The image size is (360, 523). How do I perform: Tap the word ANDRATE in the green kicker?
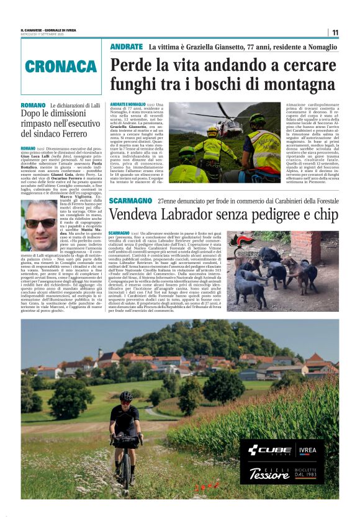[x=126, y=47]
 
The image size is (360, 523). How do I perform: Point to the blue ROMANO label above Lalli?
[x=33, y=106]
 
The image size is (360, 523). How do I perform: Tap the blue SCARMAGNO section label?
[x=130, y=201]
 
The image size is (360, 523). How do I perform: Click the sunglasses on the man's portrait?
[x=40, y=222]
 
